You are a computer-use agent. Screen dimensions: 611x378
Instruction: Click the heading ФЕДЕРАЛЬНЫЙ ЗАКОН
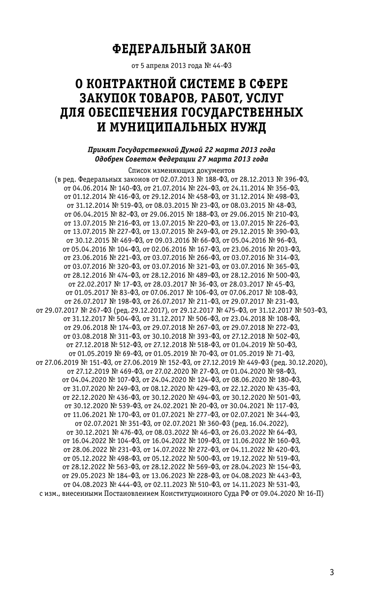[182, 49]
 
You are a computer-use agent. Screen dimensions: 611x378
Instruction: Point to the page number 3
[332, 572]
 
